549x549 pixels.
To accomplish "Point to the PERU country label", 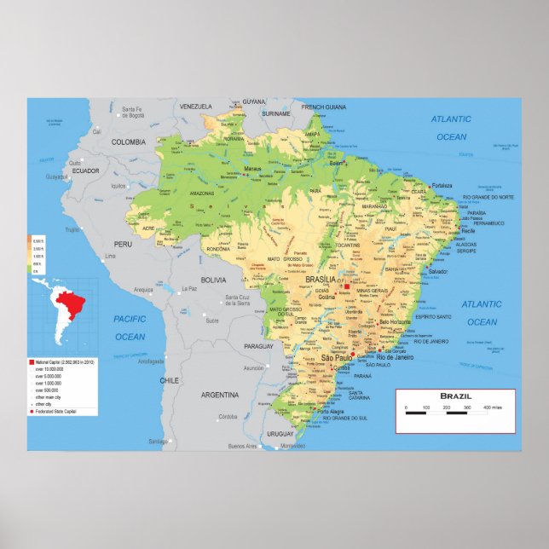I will (x=124, y=244).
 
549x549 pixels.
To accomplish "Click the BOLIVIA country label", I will (x=213, y=280).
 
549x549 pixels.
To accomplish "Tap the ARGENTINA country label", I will (x=220, y=395).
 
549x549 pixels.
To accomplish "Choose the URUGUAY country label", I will (x=280, y=434).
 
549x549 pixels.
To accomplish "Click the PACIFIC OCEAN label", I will (x=130, y=327).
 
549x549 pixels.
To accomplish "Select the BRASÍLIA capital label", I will (x=321, y=280).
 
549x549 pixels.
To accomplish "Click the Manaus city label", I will (x=253, y=169).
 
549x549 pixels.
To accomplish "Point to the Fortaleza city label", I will (x=442, y=185).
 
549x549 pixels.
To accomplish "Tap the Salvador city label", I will (x=437, y=271).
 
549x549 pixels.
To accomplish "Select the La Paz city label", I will (x=189, y=289).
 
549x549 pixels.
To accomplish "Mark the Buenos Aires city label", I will (x=243, y=447).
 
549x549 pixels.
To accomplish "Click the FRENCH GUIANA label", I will (x=325, y=107).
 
